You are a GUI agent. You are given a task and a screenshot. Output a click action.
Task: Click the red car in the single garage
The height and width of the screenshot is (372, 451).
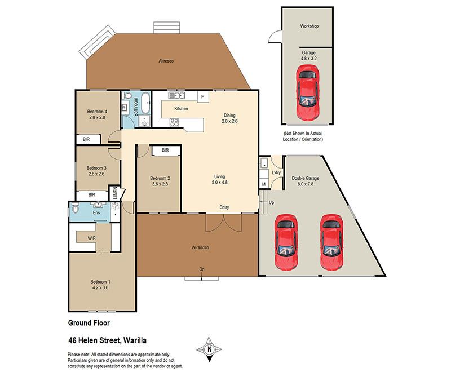tap(308, 92)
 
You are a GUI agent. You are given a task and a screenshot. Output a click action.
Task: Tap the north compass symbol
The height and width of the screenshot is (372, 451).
tap(209, 349)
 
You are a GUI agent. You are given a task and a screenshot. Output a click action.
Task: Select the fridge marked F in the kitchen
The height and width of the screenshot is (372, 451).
tap(203, 96)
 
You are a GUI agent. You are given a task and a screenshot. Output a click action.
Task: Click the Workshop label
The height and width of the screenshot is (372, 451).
tap(309, 26)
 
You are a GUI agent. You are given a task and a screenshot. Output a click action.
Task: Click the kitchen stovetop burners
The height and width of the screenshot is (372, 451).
tap(174, 122)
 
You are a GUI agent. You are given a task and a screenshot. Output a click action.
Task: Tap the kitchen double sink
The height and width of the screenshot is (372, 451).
tap(176, 95)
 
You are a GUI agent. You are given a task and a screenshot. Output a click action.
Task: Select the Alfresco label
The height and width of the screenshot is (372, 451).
tap(166, 61)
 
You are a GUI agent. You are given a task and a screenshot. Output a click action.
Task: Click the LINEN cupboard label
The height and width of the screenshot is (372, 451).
tap(115, 193)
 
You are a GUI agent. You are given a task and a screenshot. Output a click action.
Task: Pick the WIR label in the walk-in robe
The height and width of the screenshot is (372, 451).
tap(92, 238)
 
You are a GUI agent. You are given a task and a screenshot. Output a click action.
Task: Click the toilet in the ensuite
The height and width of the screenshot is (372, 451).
tap(75, 208)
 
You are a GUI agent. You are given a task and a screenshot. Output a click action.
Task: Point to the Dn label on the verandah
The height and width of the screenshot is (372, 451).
tap(202, 269)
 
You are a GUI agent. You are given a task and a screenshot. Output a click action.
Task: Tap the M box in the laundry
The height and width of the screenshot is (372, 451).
tap(264, 184)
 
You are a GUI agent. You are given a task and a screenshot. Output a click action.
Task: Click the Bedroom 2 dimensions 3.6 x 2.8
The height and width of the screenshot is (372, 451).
tap(160, 184)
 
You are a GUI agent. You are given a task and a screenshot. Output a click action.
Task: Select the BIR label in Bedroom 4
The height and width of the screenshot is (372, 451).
tap(86, 139)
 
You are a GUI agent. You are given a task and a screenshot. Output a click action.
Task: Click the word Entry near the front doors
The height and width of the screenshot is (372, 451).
tap(224, 207)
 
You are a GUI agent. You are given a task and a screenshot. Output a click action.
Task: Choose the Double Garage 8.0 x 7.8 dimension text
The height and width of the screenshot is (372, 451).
tap(306, 184)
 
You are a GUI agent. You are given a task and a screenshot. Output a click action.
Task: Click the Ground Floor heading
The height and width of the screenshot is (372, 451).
tap(89, 323)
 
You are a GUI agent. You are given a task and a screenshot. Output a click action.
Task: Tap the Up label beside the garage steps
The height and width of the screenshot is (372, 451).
tap(271, 203)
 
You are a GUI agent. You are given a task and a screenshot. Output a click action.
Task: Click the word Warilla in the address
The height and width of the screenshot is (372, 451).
tap(135, 340)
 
